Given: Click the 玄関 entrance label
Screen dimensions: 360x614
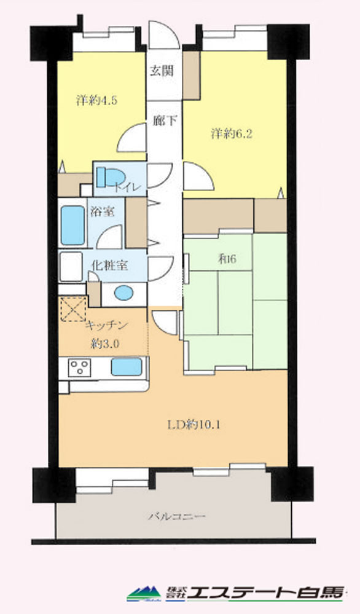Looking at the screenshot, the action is (x=162, y=71).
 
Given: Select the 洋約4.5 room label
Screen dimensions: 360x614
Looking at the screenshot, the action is (x=96, y=101).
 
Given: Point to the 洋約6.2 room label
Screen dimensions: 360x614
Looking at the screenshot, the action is (x=232, y=133).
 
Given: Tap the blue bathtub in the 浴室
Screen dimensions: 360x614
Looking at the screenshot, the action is (x=72, y=225).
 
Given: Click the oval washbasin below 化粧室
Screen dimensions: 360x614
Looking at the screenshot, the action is (x=123, y=293).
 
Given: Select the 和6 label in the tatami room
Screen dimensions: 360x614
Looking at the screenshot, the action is (x=227, y=259).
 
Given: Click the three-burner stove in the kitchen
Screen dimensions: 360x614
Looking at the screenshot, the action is (x=79, y=368).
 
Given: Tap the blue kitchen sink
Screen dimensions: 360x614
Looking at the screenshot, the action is (x=127, y=367).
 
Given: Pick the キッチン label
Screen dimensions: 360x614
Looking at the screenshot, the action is (x=106, y=325).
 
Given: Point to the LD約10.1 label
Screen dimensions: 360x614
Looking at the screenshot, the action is (x=194, y=425).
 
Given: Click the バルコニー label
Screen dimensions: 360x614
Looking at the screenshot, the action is (x=176, y=516).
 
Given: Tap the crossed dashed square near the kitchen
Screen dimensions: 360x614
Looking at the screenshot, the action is (x=73, y=309).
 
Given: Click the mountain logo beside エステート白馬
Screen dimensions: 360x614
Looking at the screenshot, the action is (x=144, y=593).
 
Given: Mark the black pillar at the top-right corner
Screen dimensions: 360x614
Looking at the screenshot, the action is (x=288, y=42).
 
